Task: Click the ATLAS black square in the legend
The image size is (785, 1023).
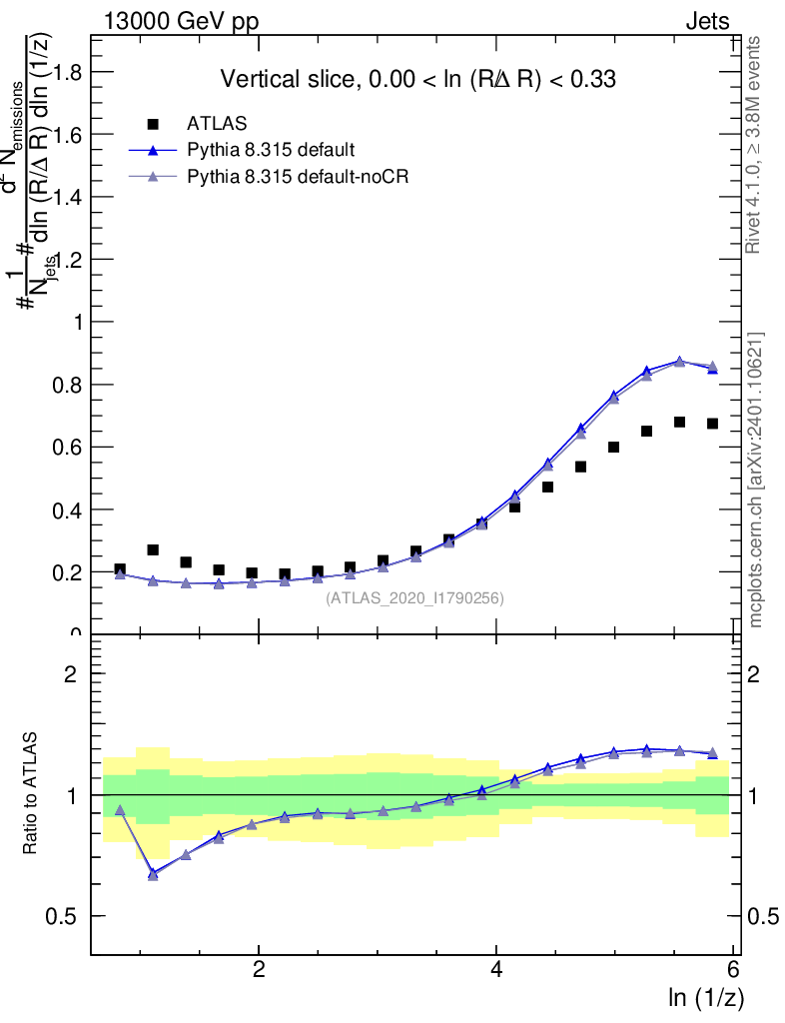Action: tap(153, 124)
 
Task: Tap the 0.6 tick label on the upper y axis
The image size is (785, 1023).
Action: tap(68, 448)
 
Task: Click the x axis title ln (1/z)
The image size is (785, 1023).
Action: tap(706, 997)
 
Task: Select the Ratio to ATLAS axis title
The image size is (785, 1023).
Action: tap(32, 793)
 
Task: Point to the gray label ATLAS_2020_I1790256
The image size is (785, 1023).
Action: tap(414, 598)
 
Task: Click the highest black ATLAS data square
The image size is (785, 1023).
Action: tap(680, 422)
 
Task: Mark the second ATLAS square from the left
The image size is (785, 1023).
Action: tap(153, 549)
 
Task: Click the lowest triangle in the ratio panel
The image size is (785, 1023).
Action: tap(153, 874)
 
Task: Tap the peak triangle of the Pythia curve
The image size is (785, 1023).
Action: tap(680, 362)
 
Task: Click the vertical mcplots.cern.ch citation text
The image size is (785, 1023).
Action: tap(756, 480)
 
